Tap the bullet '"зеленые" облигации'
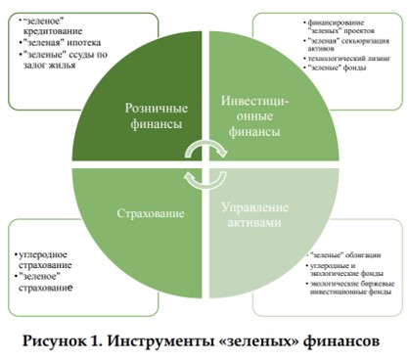click(x=310, y=253)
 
